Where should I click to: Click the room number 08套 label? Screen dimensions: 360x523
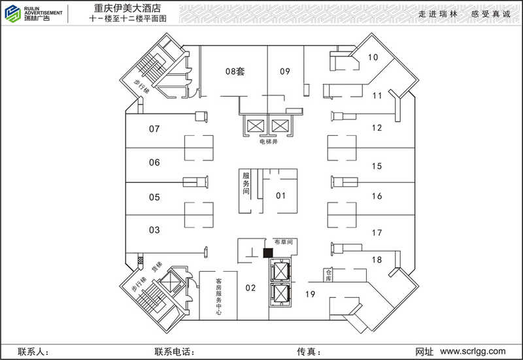[235, 71]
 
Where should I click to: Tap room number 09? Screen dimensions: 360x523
[284, 71]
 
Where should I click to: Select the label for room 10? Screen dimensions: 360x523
[373, 57]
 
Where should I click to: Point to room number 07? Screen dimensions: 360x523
[154, 129]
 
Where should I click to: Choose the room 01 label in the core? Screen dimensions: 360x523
[280, 195]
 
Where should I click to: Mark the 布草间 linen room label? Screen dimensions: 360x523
[286, 242]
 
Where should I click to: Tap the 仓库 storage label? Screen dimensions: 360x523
[329, 274]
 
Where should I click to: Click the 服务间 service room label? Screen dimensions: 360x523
[246, 184]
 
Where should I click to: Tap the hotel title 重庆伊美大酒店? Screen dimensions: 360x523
[128, 8]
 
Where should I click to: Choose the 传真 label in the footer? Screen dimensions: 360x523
[308, 352]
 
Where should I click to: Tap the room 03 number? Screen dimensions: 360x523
[154, 230]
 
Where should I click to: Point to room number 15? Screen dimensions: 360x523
[377, 166]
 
